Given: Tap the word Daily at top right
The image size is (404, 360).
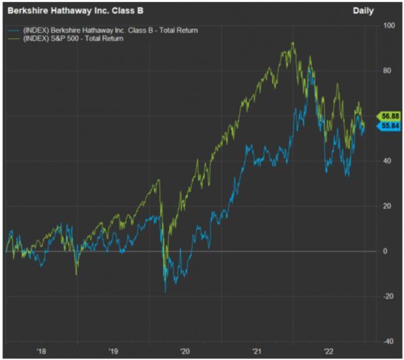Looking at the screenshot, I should tap(364, 11).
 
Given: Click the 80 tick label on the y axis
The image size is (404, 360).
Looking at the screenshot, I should tap(386, 71).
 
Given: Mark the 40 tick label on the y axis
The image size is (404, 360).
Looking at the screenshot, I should tap(386, 161).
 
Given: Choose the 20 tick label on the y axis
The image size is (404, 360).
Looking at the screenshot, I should tap(386, 206).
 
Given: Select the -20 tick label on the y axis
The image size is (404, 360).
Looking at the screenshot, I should tap(386, 296).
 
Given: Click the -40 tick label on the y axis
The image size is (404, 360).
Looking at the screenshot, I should tap(386, 340).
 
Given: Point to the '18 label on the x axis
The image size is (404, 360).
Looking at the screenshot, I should tap(42, 351).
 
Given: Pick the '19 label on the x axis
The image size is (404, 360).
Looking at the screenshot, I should tap(113, 351).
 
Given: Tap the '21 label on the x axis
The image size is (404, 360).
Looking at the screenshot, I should tap(257, 351).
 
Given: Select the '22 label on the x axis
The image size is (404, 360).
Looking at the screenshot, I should tap(328, 351).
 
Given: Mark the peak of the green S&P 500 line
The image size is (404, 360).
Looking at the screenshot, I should tap(292, 43).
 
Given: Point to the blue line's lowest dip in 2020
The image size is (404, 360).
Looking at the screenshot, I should tap(165, 292).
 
